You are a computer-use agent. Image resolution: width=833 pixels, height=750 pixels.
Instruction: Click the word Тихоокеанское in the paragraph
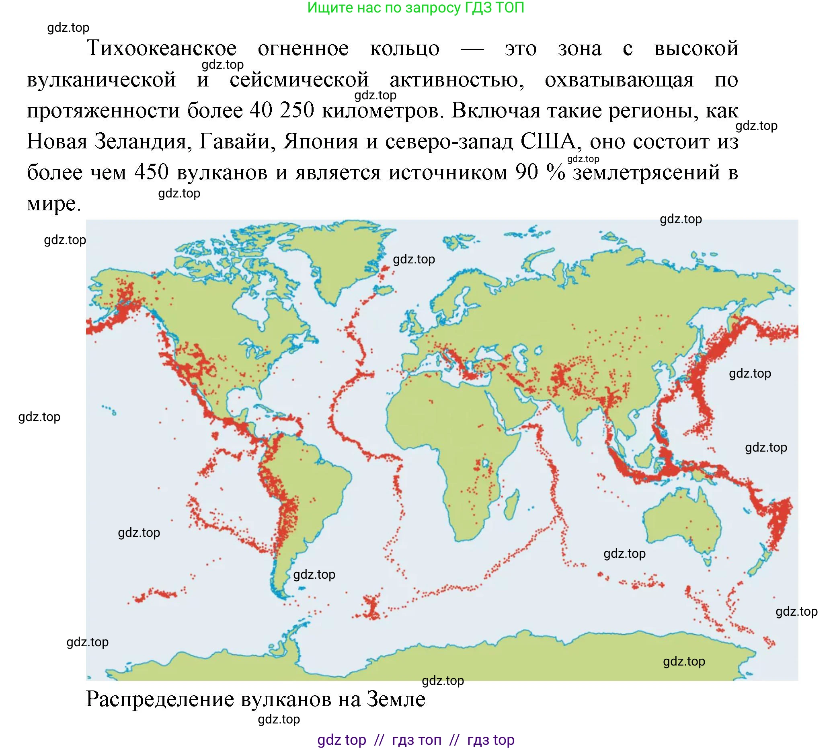[x=162, y=49]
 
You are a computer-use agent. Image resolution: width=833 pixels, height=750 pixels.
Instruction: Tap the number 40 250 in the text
[x=282, y=111]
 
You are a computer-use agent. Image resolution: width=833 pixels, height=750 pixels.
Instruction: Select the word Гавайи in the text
[x=238, y=141]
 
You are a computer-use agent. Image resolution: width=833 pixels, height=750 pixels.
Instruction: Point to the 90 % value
[x=540, y=172]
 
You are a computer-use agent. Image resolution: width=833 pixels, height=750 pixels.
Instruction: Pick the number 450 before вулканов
[x=151, y=172]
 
